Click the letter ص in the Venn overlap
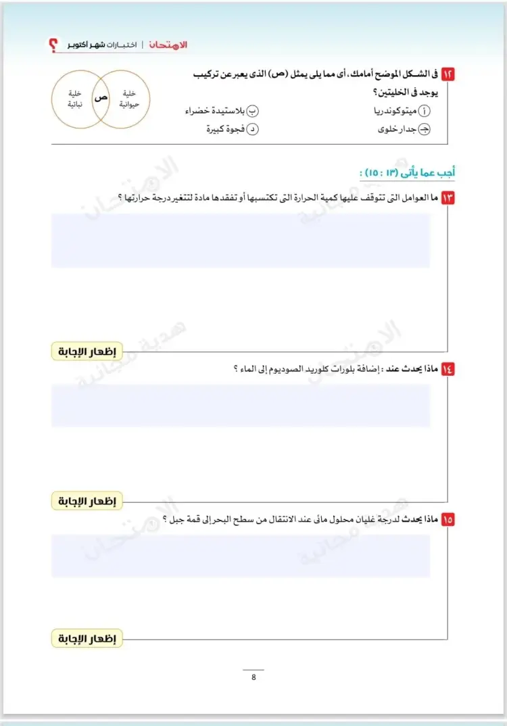(x=101, y=98)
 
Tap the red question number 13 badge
(x=448, y=197)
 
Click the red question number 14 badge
(x=448, y=368)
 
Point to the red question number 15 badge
(x=448, y=519)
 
